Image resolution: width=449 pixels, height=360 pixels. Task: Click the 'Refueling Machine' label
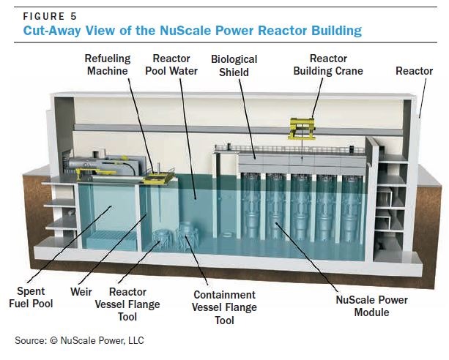(108, 64)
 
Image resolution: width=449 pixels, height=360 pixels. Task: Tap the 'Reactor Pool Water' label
(171, 64)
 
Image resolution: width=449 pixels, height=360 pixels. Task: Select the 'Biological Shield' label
(234, 66)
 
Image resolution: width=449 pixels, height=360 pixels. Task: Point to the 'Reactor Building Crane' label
(328, 64)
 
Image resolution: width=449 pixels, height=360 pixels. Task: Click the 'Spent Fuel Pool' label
(31, 297)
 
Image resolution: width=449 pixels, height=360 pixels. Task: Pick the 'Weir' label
(81, 292)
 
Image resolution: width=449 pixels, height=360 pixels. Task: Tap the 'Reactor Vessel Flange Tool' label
(127, 304)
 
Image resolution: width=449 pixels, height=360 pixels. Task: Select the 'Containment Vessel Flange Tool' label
(224, 307)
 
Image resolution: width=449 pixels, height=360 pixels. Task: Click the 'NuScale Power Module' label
(371, 306)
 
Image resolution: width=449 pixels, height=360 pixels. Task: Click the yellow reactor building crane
(303, 129)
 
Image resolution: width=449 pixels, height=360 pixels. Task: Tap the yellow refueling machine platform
(159, 178)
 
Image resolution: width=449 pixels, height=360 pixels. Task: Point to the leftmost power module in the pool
(251, 206)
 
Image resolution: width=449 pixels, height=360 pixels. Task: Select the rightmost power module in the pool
(352, 208)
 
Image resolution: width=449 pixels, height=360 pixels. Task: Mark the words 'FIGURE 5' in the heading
(50, 16)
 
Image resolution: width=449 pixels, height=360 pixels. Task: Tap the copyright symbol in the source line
(53, 340)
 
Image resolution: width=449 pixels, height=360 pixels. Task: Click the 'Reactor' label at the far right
(414, 71)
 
